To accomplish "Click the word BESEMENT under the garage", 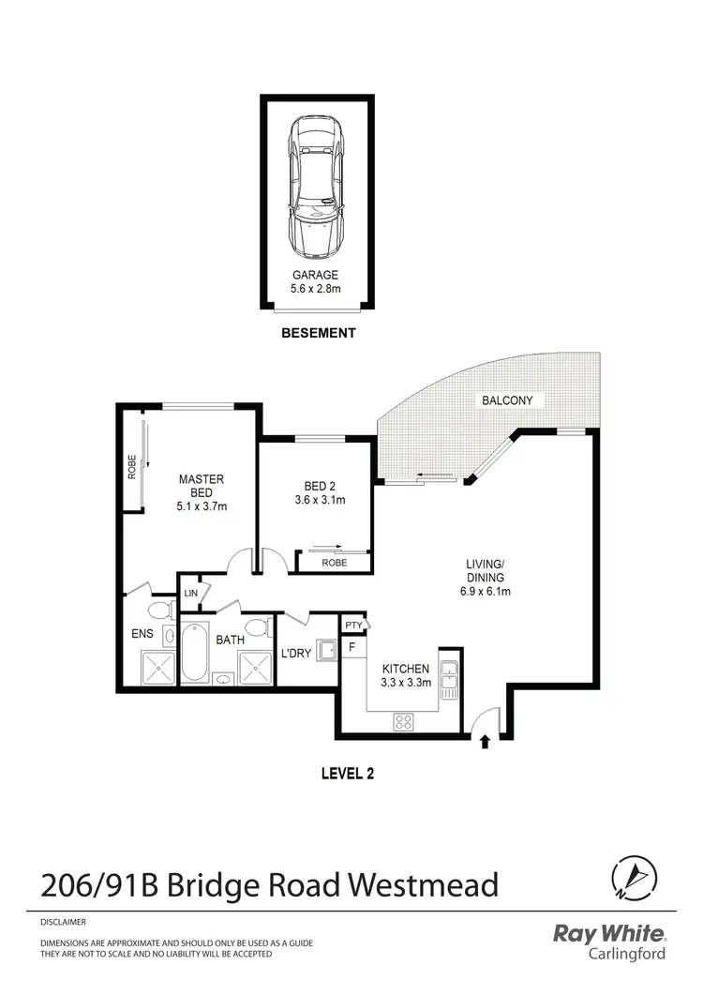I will click(x=319, y=333).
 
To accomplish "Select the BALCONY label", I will click(x=507, y=400).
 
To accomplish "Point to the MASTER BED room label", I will click(x=202, y=492).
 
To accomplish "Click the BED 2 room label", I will click(x=319, y=492).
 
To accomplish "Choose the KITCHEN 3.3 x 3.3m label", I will click(x=405, y=675).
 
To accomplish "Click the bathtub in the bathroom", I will click(x=196, y=653).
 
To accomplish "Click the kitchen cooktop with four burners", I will click(x=404, y=721).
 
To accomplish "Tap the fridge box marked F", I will click(x=352, y=647).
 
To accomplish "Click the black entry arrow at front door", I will click(x=485, y=743).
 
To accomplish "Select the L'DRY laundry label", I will click(x=295, y=653).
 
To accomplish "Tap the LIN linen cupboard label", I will click(x=190, y=593).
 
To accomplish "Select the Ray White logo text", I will click(x=609, y=934).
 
